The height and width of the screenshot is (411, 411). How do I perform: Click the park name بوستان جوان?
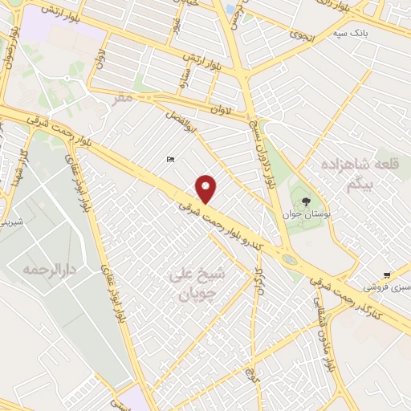302,214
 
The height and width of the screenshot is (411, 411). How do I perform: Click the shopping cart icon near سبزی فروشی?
387,275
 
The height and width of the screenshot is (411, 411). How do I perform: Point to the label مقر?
122,98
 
